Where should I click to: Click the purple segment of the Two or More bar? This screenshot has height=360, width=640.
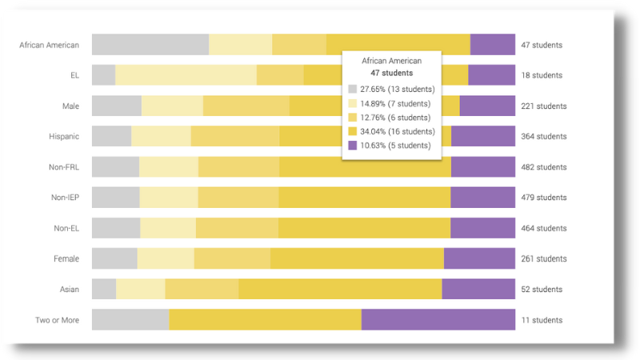438,320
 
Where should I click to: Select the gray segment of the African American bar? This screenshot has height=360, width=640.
150,45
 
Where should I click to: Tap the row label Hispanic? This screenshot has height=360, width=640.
63,137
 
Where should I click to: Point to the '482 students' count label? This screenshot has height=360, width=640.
543,167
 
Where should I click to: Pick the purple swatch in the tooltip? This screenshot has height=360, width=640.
353,146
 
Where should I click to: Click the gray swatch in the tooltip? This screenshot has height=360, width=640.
353,89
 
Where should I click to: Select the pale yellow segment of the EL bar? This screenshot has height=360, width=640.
186,75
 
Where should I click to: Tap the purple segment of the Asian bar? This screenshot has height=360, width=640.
478,289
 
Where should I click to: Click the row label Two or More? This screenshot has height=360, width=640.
57,320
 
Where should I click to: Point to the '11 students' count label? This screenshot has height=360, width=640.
542,320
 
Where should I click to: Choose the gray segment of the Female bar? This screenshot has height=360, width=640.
114,258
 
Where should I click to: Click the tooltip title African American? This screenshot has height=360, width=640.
391,61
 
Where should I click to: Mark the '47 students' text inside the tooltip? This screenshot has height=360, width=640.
391,73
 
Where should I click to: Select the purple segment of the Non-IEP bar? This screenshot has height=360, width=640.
482,198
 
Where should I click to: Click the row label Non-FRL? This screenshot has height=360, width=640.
63,167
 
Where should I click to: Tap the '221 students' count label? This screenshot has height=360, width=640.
543,106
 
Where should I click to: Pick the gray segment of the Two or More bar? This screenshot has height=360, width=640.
130,320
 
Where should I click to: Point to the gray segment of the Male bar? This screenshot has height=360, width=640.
117,106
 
